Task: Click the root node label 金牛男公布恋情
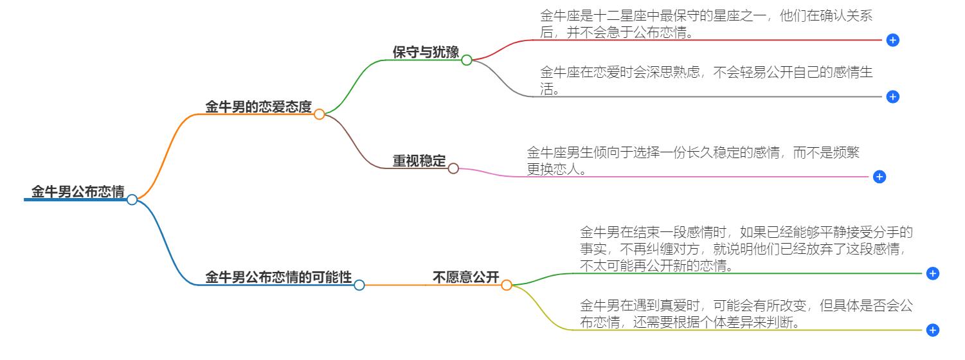(78, 192)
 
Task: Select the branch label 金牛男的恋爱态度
(258, 107)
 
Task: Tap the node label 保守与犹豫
(426, 53)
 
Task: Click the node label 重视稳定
(419, 161)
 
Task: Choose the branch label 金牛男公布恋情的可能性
(278, 278)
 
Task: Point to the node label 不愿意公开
(465, 278)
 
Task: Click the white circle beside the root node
(132, 199)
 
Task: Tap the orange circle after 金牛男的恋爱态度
(319, 114)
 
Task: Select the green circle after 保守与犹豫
(467, 60)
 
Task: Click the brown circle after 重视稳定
(453, 168)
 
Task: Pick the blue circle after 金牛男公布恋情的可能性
(359, 285)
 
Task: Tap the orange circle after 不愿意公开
(507, 285)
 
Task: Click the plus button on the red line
(892, 40)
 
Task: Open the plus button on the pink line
(879, 177)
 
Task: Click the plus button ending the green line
(933, 273)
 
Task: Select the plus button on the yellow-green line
(933, 330)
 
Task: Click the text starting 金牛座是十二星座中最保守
(706, 24)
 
